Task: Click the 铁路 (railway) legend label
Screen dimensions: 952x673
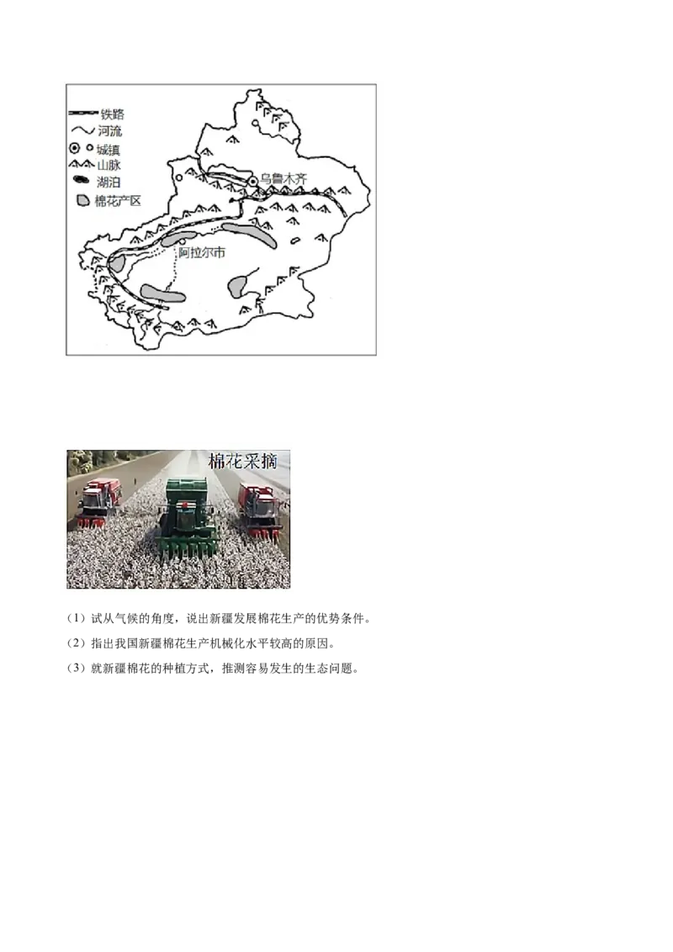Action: point(112,114)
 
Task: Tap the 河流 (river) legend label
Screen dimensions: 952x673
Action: point(110,131)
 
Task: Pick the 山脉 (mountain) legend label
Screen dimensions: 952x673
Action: point(109,166)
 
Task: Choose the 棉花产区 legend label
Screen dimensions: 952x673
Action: point(118,201)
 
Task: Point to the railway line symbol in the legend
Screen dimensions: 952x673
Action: point(81,114)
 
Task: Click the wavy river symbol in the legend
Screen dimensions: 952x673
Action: point(81,131)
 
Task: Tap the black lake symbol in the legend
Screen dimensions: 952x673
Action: point(81,182)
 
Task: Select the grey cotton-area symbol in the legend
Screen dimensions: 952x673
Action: point(82,201)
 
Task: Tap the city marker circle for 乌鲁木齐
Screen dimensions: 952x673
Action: point(253,181)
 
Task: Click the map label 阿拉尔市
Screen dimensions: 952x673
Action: point(203,251)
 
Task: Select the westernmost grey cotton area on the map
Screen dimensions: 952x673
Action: point(117,262)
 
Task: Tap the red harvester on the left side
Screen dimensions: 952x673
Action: point(99,502)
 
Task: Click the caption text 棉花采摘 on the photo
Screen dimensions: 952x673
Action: point(248,462)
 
